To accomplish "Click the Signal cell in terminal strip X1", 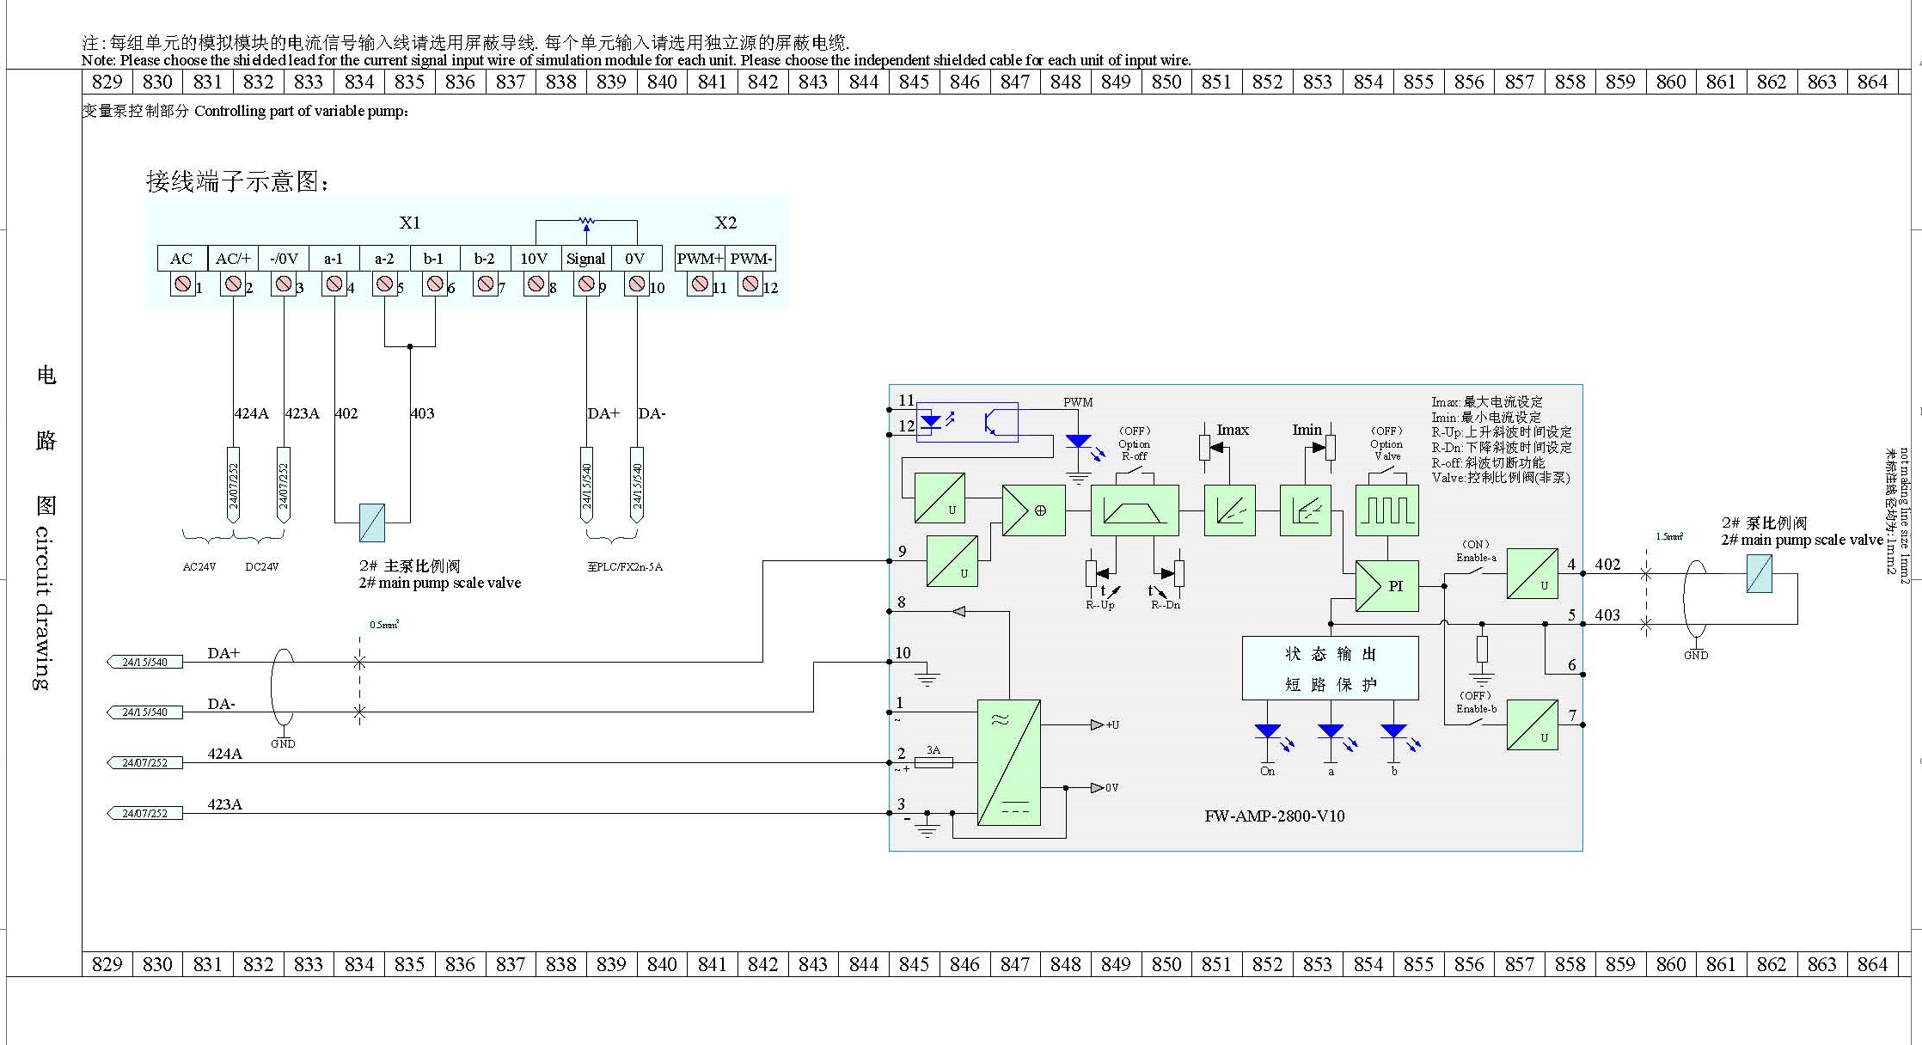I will coord(585,259).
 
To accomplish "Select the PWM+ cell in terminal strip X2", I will coord(700,259).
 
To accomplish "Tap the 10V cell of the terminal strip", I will coord(534,259).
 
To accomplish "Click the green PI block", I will coord(1386,586).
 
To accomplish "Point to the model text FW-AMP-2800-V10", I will coord(1274,816).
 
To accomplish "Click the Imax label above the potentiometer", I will coord(1232,430).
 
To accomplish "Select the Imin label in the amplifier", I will coord(1307,430).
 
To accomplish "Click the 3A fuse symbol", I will coord(933,762).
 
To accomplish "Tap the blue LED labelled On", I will coord(1268,732).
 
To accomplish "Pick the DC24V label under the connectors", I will coord(261,567).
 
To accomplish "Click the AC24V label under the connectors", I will coord(199,567).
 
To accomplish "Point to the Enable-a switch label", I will coord(1476,558).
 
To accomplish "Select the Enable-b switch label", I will coord(1476,709).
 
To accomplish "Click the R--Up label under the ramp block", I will coord(1099,605).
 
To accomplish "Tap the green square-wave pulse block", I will coord(1386,510).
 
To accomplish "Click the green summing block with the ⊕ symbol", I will coord(1033,510).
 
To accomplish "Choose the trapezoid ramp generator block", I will coord(1134,510).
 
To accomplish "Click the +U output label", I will coord(1112,725).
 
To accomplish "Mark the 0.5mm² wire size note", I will coord(384,625).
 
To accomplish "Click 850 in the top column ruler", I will coord(1166,82).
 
